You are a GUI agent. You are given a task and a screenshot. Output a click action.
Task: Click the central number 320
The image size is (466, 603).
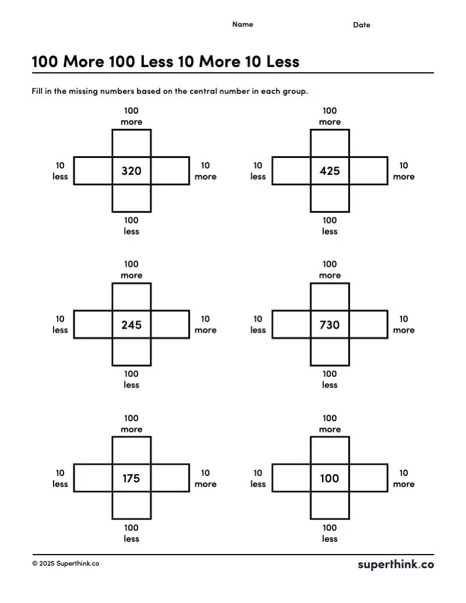(131, 171)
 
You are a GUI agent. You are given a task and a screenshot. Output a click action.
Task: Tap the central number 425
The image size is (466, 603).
(330, 171)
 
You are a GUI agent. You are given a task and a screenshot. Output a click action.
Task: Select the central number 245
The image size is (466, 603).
(131, 325)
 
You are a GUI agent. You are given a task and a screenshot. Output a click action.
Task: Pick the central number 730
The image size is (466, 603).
(330, 325)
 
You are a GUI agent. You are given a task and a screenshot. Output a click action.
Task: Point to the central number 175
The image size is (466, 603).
(131, 478)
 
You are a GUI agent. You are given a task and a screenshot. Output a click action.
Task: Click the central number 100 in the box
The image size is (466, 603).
(330, 478)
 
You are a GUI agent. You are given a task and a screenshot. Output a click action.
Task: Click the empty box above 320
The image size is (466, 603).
(131, 143)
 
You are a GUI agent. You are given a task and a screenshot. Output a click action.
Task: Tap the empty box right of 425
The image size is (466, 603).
(368, 171)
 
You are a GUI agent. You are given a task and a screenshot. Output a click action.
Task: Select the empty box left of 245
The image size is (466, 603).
(93, 325)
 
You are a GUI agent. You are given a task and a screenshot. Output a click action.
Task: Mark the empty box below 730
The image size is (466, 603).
(330, 352)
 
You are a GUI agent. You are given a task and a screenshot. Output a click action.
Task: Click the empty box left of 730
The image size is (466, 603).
(291, 325)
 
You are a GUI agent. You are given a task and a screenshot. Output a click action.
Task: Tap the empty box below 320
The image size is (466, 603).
(131, 198)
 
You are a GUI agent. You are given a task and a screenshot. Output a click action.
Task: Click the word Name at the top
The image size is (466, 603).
(243, 24)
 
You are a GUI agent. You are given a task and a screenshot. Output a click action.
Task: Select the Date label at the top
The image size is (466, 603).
(362, 25)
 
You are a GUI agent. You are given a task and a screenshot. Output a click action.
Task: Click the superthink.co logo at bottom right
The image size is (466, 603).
(396, 564)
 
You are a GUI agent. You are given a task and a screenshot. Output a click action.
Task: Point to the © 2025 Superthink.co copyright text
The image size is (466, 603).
(66, 563)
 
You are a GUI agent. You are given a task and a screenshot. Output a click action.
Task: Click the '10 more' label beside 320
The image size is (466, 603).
(206, 171)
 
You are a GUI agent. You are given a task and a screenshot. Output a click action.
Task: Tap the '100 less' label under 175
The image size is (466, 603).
(132, 533)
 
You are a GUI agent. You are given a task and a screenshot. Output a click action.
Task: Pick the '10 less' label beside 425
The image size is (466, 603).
(258, 171)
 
